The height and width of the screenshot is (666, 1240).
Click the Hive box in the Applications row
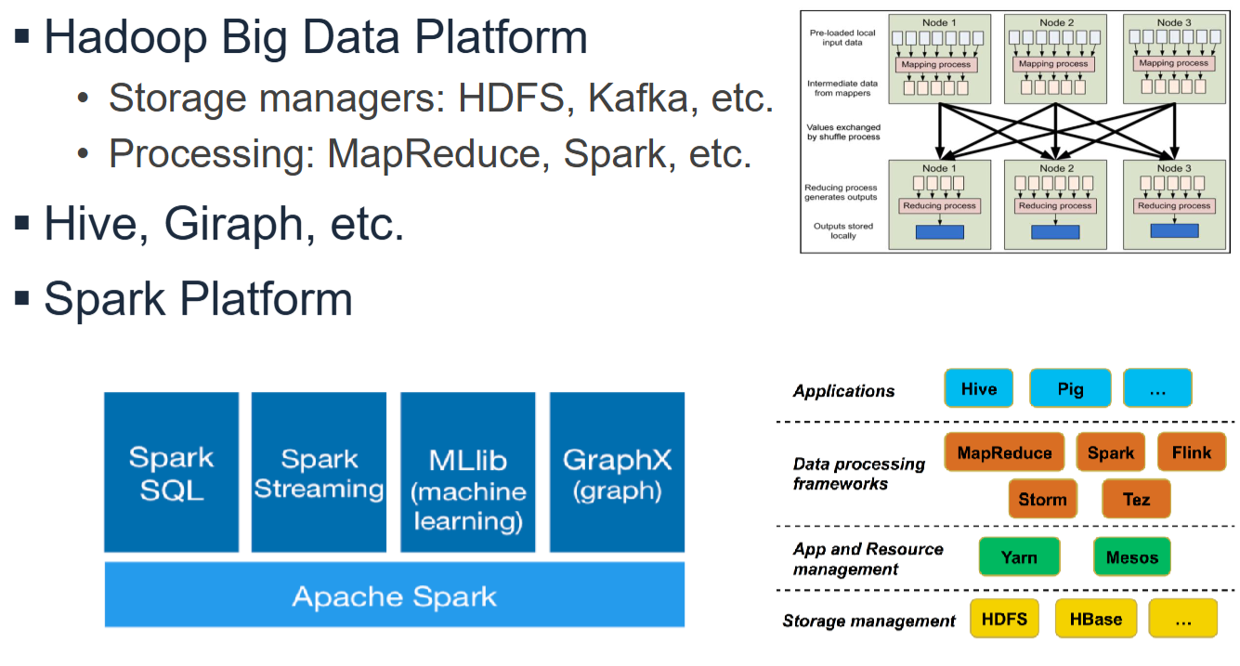(x=978, y=388)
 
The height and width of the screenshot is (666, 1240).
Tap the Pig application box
(x=1070, y=388)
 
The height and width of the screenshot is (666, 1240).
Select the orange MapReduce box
(x=1004, y=452)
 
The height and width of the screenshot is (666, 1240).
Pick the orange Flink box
(x=1192, y=452)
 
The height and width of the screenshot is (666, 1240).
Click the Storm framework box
(x=1042, y=499)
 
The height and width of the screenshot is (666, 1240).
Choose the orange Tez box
(x=1136, y=499)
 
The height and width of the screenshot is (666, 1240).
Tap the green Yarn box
(x=1019, y=557)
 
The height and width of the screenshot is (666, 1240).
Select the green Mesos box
(x=1132, y=557)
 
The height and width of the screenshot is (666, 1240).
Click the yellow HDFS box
(x=1004, y=619)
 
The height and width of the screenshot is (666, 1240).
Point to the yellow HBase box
(x=1096, y=619)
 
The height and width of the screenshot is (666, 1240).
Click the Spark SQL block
(x=171, y=473)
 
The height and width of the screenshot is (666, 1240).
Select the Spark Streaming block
(x=319, y=473)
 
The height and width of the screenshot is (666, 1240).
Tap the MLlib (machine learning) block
(x=467, y=473)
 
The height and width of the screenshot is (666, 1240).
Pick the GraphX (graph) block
(x=617, y=473)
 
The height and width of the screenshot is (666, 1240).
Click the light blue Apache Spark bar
(x=394, y=594)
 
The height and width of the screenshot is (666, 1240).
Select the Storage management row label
(x=868, y=620)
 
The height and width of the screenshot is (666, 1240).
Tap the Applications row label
(x=843, y=391)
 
